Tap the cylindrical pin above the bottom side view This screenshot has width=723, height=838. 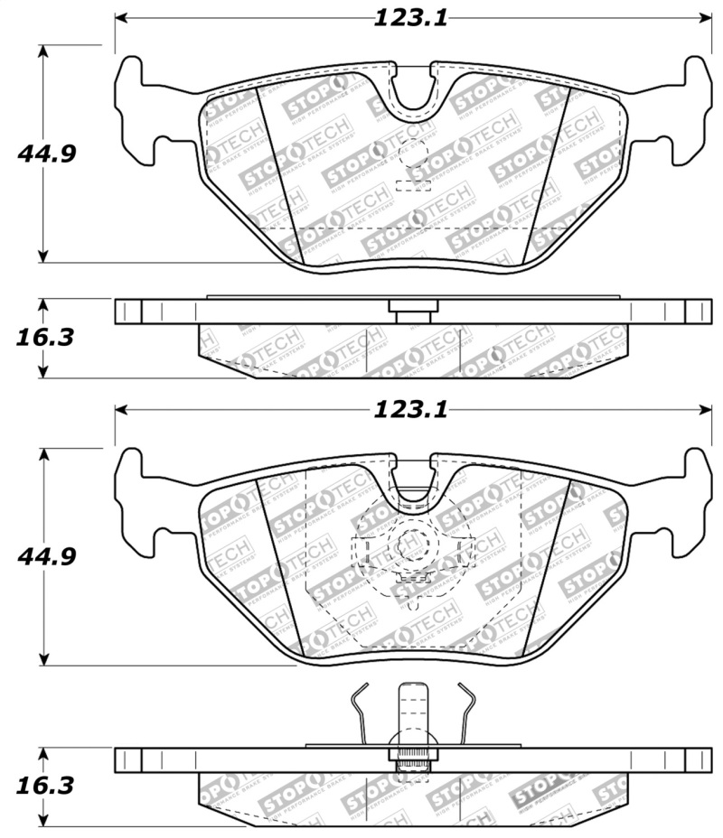point(413,713)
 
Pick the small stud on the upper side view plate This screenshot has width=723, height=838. point(412,309)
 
